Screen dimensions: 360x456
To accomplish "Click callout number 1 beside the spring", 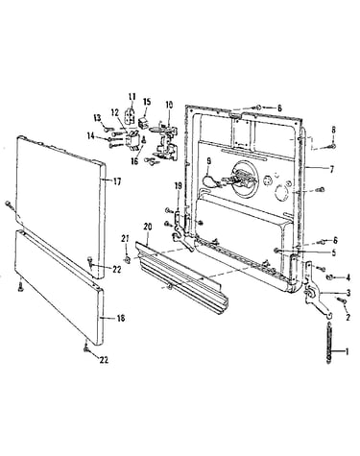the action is coord(346,351).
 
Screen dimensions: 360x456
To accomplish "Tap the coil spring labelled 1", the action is coord(328,343).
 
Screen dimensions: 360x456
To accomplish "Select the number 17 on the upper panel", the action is coord(117,181).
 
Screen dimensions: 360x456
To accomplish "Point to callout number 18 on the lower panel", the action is coord(120,319).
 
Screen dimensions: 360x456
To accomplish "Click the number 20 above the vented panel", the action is coord(148,227).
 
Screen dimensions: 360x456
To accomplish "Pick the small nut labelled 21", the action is coord(128,259).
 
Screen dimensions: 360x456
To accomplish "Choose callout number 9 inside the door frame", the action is coord(208,162).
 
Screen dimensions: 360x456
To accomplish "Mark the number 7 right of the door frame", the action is coord(331,169).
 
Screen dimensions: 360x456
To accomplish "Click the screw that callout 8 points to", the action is coord(331,146).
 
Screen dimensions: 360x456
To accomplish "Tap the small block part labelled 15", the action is coord(143,122).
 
